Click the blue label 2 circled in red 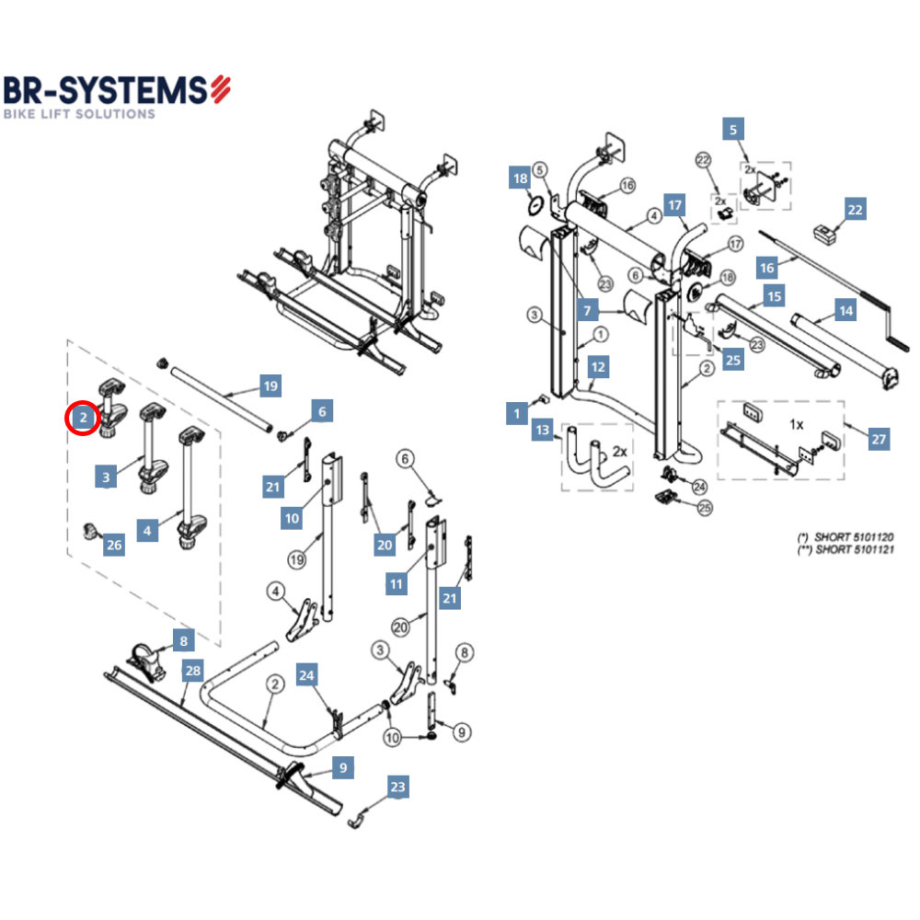click(83, 419)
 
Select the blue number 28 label click(192, 671)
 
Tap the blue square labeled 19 click(270, 386)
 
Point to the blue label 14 click(845, 311)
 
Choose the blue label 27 click(879, 440)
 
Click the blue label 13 click(542, 431)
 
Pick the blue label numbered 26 click(113, 545)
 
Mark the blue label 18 click(520, 178)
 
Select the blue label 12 click(599, 367)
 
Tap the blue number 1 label click(517, 414)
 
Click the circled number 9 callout click(462, 732)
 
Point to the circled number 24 click(699, 486)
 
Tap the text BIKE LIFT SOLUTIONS click(79, 114)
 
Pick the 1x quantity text click(797, 425)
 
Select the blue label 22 click(855, 210)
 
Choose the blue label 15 click(775, 297)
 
